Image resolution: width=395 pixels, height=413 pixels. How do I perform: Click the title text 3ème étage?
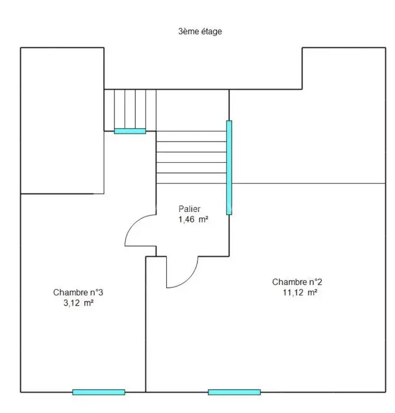pyautogui.click(x=200, y=31)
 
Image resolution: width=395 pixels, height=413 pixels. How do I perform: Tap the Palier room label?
pyautogui.click(x=189, y=209)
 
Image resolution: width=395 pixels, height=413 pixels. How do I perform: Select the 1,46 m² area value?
pyautogui.click(x=193, y=219)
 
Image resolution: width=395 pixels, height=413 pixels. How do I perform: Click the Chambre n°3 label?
pyautogui.click(x=78, y=293)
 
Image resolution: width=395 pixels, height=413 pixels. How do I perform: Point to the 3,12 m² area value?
pyautogui.click(x=78, y=303)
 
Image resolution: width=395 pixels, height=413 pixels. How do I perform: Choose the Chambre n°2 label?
pyautogui.click(x=297, y=282)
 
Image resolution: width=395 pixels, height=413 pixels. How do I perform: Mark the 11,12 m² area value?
pyautogui.click(x=300, y=293)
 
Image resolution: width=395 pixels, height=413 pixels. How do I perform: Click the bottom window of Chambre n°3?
pyautogui.click(x=98, y=392)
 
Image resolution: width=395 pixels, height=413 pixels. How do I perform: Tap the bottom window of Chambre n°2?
pyautogui.click(x=234, y=392)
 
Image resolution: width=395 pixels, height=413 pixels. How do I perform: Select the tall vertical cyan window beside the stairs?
pyautogui.click(x=229, y=168)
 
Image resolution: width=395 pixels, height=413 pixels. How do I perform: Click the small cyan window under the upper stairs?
pyautogui.click(x=130, y=131)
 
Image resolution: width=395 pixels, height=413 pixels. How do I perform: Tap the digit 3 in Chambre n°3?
pyautogui.click(x=101, y=293)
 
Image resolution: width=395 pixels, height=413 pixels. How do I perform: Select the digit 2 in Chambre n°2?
pyautogui.click(x=320, y=282)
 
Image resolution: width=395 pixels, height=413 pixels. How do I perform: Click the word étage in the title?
pyautogui.click(x=212, y=32)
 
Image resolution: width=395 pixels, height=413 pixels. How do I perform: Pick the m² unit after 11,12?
pyautogui.click(x=312, y=293)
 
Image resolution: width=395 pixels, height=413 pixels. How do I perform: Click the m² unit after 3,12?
pyautogui.click(x=88, y=303)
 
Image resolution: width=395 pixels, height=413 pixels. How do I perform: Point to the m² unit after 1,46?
pyautogui.click(x=203, y=219)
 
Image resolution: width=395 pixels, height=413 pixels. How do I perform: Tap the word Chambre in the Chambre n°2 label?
pyautogui.click(x=286, y=282)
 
